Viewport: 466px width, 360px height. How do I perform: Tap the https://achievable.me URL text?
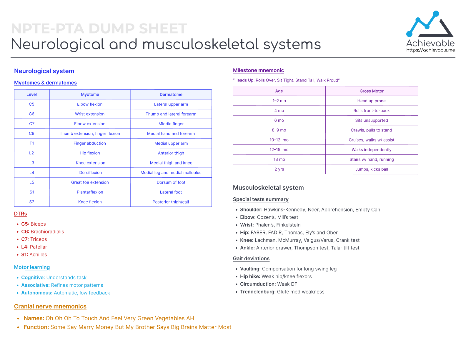430,50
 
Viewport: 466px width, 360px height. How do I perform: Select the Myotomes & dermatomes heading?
45,83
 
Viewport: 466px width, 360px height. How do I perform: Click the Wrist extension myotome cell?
90,114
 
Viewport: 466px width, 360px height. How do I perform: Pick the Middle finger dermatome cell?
171,124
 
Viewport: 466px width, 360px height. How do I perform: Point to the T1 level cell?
31,143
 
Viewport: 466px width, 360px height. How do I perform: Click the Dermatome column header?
171,94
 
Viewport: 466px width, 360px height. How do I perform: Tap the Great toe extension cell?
90,182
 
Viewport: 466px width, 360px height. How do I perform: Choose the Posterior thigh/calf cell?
171,202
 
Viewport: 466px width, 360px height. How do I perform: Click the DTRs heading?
21,214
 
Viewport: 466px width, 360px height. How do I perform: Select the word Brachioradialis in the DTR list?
47,232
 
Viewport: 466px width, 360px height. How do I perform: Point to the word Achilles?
38,255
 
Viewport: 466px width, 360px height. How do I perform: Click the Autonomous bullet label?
37,293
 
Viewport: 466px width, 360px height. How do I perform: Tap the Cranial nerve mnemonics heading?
50,306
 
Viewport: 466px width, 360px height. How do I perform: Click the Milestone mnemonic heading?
258,70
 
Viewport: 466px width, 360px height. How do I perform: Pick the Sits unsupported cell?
371,120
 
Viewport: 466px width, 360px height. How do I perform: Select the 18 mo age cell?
279,159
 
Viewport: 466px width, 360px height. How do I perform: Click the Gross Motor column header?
371,91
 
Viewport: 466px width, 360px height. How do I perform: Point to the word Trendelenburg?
258,292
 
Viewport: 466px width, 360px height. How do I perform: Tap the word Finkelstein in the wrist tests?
288,225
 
